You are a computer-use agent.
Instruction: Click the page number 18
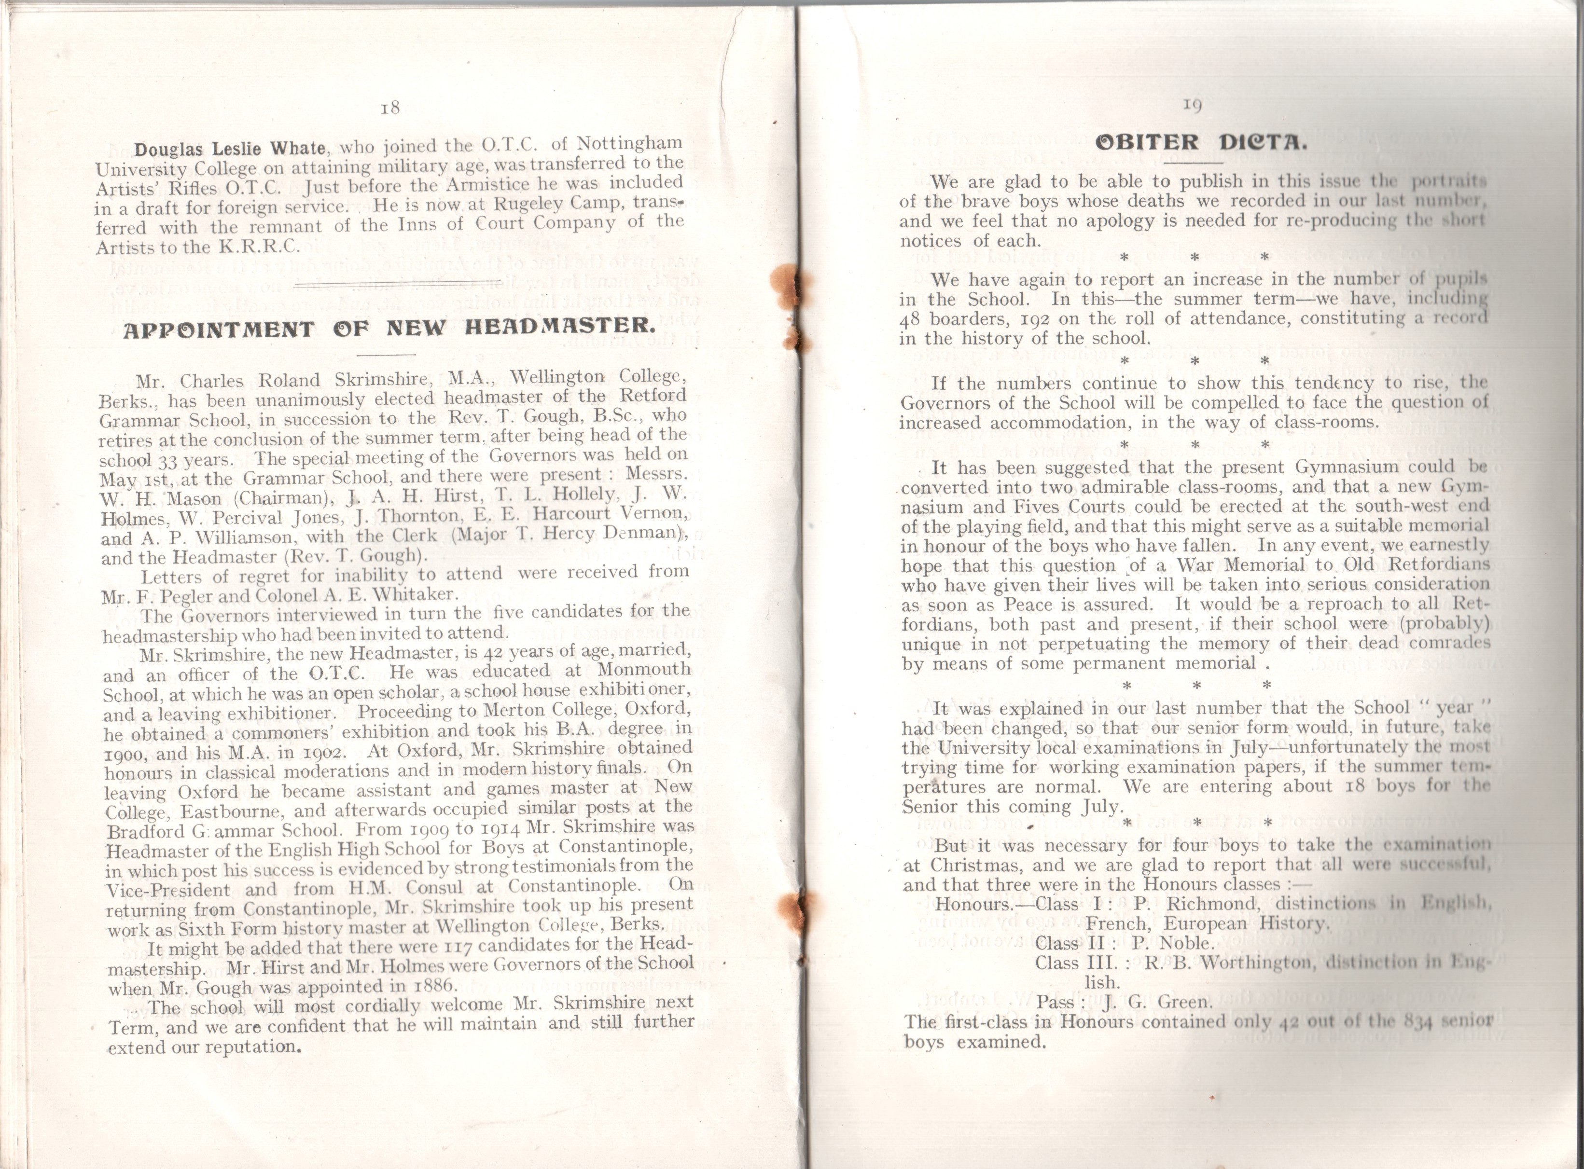pyautogui.click(x=390, y=108)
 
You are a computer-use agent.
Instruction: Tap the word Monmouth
pyautogui.click(x=644, y=669)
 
